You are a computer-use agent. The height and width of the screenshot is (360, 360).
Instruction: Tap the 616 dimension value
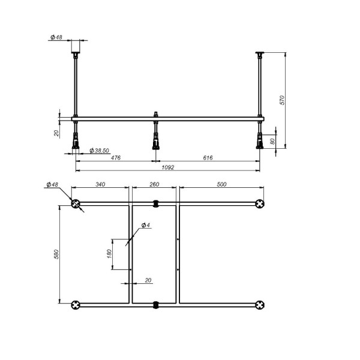click(208, 158)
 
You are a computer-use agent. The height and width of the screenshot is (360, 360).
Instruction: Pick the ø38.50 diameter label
click(98, 151)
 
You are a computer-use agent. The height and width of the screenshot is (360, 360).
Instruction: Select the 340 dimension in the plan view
click(100, 185)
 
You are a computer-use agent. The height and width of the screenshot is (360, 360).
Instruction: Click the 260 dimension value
click(155, 185)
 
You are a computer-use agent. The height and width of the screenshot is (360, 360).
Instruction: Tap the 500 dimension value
click(221, 185)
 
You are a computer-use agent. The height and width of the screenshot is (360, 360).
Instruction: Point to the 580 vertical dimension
click(56, 254)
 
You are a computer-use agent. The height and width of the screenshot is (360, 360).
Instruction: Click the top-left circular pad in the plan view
click(76, 204)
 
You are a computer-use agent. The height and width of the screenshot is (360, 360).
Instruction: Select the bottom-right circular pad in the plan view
click(259, 305)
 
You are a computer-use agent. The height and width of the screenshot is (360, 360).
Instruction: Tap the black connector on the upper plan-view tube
click(155, 203)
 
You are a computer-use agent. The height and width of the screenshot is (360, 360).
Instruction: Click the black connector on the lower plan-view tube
click(155, 305)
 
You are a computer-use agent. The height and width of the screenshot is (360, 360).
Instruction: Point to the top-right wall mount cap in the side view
click(260, 55)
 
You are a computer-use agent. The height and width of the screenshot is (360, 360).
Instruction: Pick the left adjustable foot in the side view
click(76, 138)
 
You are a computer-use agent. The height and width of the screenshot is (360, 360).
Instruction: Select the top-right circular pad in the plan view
click(259, 204)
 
